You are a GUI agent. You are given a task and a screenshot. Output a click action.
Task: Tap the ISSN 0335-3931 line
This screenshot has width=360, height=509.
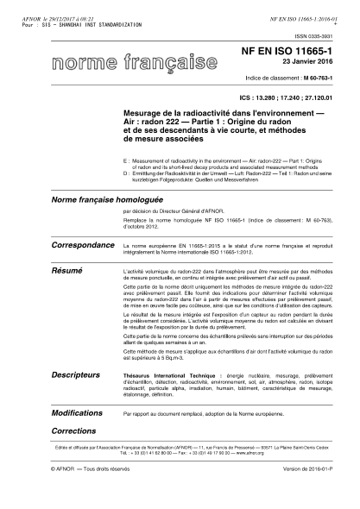point(313,35)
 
